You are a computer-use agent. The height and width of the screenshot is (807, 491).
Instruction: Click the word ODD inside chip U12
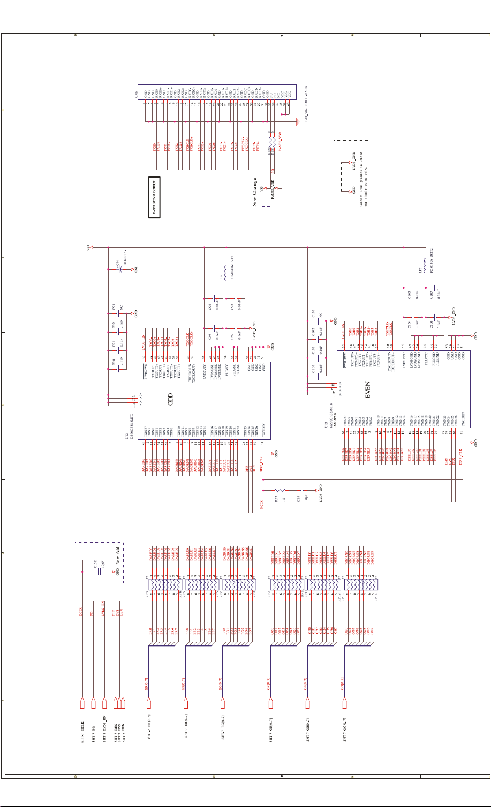pyautogui.click(x=171, y=399)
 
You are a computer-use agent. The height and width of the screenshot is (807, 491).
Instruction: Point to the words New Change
pyautogui.click(x=255, y=192)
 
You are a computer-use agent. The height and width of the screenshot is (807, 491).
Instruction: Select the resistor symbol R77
pyautogui.click(x=280, y=490)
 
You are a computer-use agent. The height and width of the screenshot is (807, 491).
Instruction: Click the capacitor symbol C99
pyautogui.click(x=303, y=490)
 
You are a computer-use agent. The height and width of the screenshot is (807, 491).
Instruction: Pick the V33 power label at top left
pyautogui.click(x=90, y=247)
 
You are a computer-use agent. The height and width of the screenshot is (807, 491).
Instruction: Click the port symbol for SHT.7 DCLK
pyautogui.click(x=82, y=703)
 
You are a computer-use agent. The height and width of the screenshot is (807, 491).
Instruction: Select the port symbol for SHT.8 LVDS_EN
pyautogui.click(x=104, y=703)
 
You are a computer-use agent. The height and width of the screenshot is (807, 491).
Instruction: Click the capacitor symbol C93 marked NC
pyautogui.click(x=120, y=313)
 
